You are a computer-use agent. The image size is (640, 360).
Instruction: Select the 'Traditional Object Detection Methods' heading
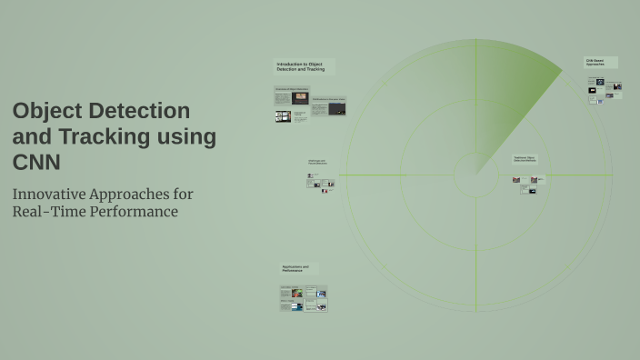coord(525,159)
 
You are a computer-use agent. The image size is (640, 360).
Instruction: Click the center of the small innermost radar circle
coord(476,175)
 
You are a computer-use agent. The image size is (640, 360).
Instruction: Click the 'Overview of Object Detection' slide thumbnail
coord(291,95)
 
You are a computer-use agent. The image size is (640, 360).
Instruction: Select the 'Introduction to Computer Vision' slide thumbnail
coord(328,107)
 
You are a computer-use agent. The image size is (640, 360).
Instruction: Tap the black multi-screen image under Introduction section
coord(284,116)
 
